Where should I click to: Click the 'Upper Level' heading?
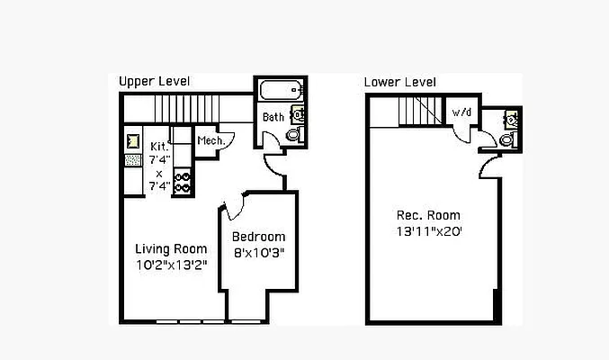pos(155,82)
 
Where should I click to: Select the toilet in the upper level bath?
pos(293,133)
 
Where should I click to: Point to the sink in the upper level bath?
pos(298,114)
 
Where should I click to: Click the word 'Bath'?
pos(273,117)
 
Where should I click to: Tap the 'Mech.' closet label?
pos(210,140)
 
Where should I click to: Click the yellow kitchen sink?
pos(133,140)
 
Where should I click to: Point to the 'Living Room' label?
pos(171,248)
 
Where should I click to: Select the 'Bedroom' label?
pos(259,238)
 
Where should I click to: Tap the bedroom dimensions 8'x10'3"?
pos(259,253)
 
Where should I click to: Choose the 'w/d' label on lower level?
pos(461,112)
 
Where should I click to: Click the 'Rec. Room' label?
pos(428,215)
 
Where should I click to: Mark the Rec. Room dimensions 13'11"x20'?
pos(428,230)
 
